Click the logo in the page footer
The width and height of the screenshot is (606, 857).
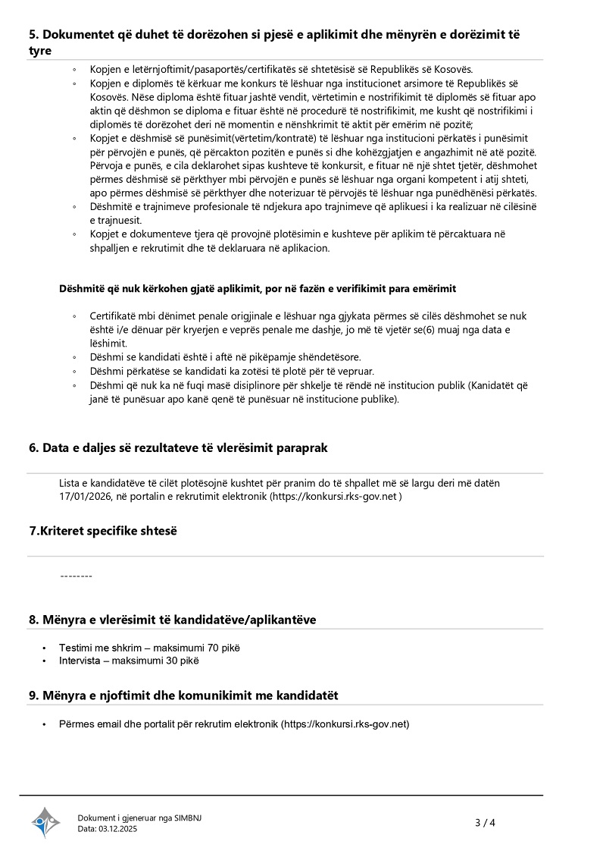coord(45,822)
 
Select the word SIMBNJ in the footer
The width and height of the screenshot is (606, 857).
coord(188,818)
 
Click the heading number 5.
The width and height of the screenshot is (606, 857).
coord(34,34)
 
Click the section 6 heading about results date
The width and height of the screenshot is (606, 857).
coord(178,448)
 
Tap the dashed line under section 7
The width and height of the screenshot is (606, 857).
coord(76,576)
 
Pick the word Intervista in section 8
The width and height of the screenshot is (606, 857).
coord(82,661)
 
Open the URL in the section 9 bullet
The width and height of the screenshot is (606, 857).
coord(345,724)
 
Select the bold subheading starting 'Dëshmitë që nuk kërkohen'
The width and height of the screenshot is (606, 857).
coord(258,289)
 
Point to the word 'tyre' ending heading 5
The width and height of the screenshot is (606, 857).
coord(40,51)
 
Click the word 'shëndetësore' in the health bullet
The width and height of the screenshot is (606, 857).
coord(330,357)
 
